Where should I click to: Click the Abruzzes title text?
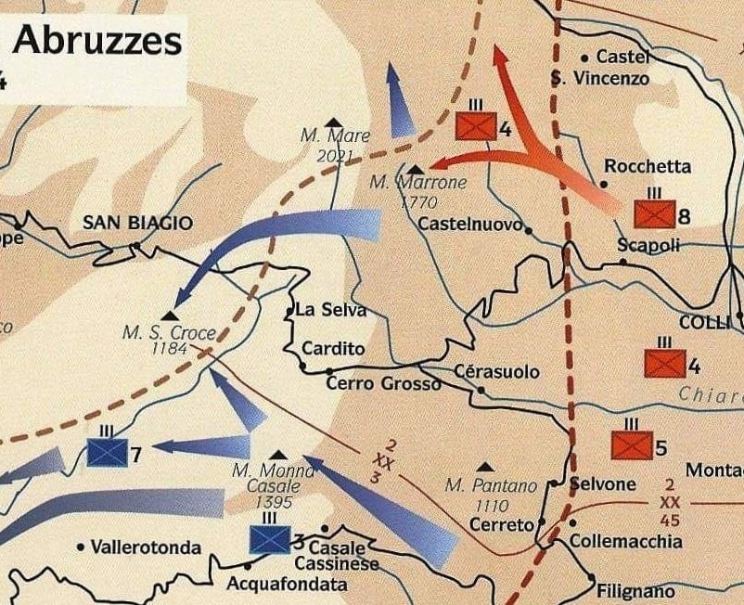(x=98, y=41)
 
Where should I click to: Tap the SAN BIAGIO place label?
(x=137, y=223)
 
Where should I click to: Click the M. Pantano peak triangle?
(x=485, y=468)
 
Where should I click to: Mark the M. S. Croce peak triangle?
(x=170, y=315)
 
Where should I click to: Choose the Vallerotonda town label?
(x=146, y=547)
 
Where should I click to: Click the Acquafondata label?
(x=287, y=585)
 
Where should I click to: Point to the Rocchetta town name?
(x=648, y=167)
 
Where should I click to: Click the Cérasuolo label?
(x=496, y=372)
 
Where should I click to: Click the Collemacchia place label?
(x=626, y=541)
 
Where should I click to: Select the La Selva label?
(x=330, y=311)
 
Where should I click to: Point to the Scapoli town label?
(x=648, y=245)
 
